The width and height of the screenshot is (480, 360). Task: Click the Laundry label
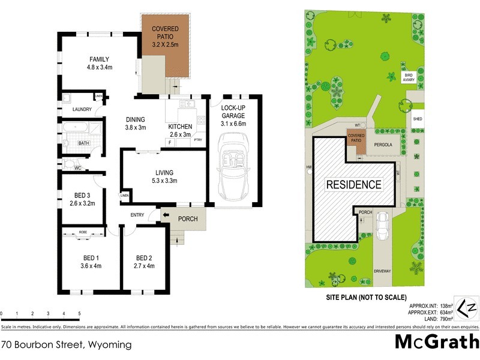click(82, 109)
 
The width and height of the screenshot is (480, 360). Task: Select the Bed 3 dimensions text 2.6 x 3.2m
click(83, 203)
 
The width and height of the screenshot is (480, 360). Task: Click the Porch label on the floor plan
click(187, 219)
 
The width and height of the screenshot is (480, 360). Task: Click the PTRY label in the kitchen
click(198, 140)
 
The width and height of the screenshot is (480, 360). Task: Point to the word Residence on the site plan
click(353, 184)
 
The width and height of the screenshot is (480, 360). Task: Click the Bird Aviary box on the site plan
click(409, 77)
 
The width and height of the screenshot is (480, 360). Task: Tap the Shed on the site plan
click(417, 119)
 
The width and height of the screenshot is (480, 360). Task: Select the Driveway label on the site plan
click(382, 271)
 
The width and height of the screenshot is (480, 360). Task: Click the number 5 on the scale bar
click(79, 314)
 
